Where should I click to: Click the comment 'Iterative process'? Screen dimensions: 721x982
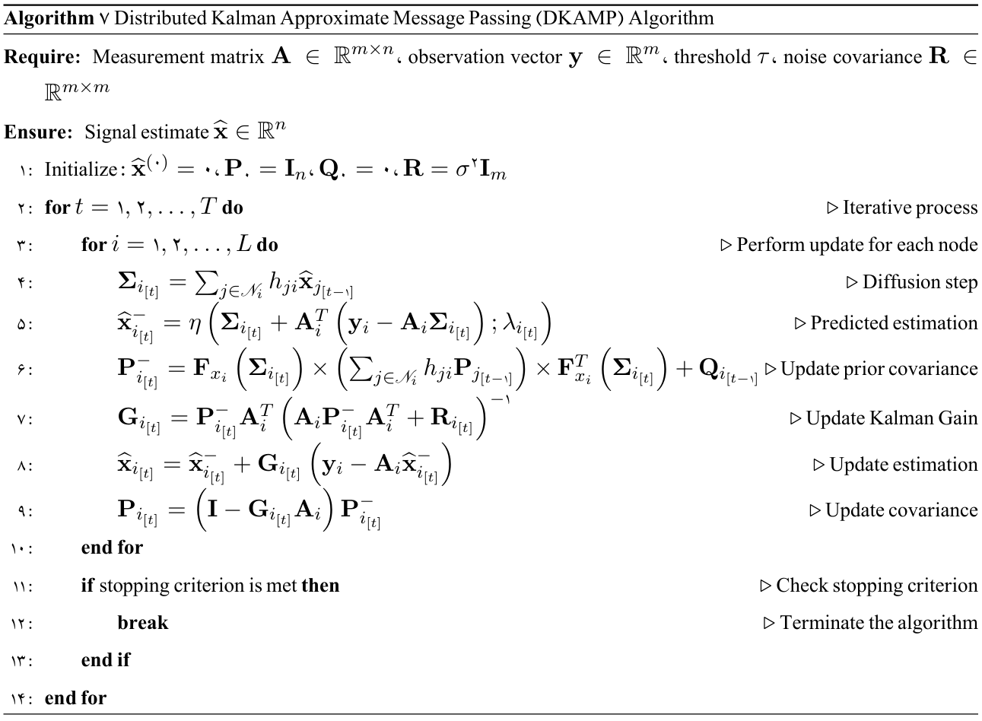(x=910, y=208)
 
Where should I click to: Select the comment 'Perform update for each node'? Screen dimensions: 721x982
(x=856, y=245)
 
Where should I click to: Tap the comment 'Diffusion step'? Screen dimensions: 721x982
(x=920, y=282)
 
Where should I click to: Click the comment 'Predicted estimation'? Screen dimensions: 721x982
(x=894, y=323)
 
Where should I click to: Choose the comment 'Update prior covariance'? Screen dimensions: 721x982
(x=879, y=369)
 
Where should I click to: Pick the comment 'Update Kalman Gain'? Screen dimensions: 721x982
(x=891, y=418)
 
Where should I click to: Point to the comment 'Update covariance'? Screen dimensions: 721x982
(x=901, y=510)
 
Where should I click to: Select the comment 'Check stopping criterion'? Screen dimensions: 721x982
(x=877, y=586)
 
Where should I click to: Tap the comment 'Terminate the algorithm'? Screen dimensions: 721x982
(x=879, y=623)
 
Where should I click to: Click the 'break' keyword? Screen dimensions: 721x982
(x=143, y=623)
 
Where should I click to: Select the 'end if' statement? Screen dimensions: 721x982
(x=106, y=660)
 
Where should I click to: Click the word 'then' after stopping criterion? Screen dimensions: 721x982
(x=320, y=586)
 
